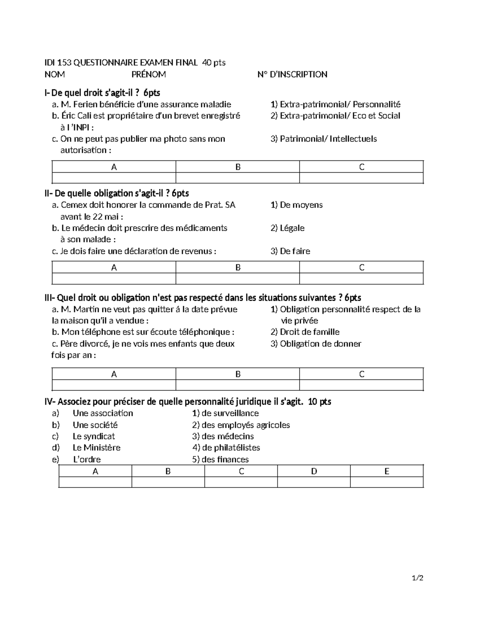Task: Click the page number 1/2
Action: click(x=418, y=578)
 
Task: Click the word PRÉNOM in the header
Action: click(x=148, y=74)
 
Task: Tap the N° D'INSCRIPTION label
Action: click(x=292, y=74)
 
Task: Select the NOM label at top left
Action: click(x=54, y=74)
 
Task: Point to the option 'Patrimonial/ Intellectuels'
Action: click(x=324, y=139)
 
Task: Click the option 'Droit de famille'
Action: click(x=305, y=332)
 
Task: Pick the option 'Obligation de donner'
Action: click(x=316, y=344)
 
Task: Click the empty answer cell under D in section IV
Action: click(x=314, y=482)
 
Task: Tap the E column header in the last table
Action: click(x=386, y=471)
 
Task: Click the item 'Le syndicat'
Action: click(x=94, y=436)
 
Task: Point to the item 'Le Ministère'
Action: click(x=96, y=447)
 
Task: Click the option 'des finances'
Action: click(x=220, y=459)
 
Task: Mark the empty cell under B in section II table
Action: click(x=238, y=279)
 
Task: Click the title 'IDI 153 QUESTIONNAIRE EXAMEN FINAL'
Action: click(x=121, y=62)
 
